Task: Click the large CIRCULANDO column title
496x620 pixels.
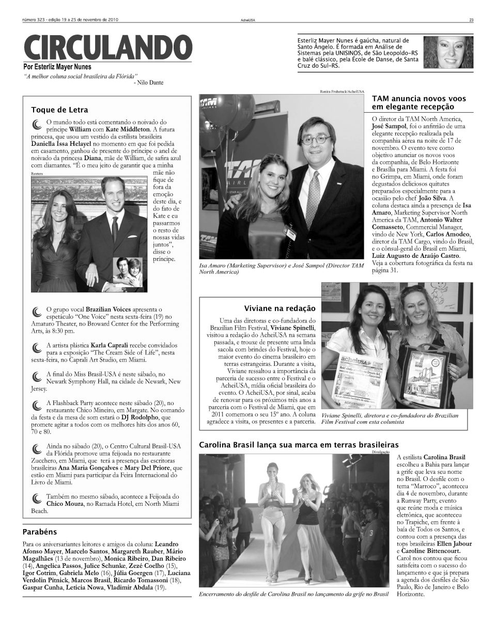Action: point(107,48)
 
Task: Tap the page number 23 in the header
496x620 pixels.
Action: point(471,21)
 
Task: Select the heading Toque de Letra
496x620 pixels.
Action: point(59,110)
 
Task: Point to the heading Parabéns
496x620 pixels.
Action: point(40,531)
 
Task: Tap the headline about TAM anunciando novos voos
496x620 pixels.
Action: point(419,102)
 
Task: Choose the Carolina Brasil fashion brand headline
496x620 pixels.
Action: point(299,444)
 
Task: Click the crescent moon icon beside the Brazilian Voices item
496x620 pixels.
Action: point(36,312)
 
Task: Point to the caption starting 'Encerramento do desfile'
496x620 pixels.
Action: point(293,594)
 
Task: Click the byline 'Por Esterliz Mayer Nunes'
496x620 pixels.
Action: point(57,67)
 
